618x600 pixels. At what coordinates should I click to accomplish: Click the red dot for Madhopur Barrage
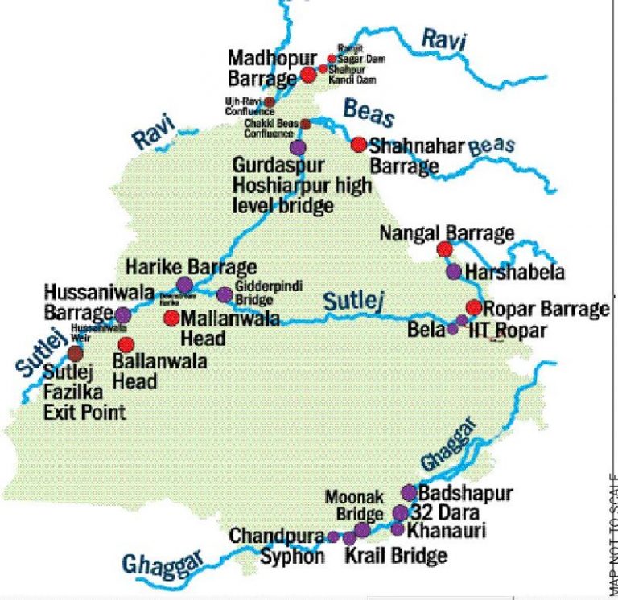(x=308, y=76)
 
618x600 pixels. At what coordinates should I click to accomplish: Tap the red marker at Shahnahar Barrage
(x=359, y=145)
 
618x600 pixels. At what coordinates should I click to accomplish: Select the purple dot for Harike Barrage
(x=184, y=284)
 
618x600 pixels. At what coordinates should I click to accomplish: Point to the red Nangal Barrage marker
(x=444, y=249)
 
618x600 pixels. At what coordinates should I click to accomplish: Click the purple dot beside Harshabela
(x=454, y=272)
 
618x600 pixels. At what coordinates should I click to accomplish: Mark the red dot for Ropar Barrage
(x=474, y=307)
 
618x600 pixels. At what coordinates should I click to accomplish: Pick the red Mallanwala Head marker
(x=171, y=318)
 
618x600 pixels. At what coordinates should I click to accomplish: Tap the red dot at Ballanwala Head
(x=126, y=344)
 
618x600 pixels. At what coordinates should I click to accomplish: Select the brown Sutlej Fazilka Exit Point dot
(x=76, y=353)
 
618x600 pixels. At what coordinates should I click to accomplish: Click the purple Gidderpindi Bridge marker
(x=224, y=295)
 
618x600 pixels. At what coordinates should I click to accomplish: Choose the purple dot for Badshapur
(x=409, y=492)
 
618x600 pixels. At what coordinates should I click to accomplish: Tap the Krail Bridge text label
(x=395, y=555)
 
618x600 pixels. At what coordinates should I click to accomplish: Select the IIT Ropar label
(x=500, y=330)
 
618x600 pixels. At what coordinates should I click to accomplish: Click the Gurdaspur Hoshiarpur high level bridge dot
(x=298, y=147)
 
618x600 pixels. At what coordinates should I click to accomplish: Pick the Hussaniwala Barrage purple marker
(x=122, y=314)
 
